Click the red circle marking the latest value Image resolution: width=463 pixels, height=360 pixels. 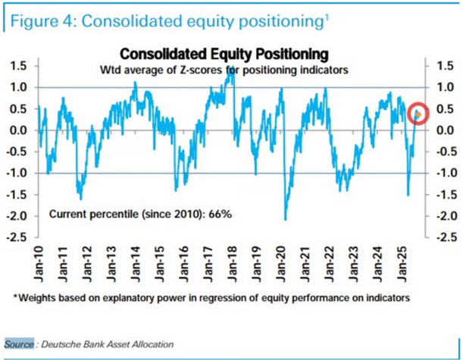pos(418,114)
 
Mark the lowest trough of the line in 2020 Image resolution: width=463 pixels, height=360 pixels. pos(286,219)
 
